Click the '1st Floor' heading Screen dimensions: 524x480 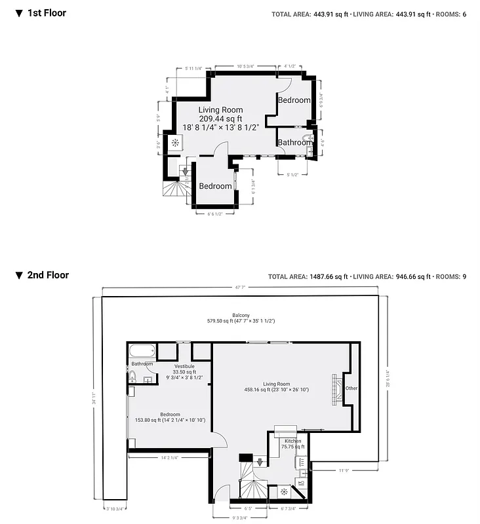tap(46, 12)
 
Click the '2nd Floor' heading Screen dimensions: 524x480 tap(47, 275)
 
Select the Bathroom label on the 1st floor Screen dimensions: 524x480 tap(294, 142)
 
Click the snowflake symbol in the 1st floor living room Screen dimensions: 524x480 tap(176, 143)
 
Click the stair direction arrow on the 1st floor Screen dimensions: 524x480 tap(185, 172)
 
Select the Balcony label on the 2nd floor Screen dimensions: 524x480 tap(241, 314)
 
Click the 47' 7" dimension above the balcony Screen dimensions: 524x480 tap(240, 287)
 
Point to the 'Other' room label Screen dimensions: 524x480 tap(352, 388)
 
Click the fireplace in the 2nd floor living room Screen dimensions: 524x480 tap(337, 390)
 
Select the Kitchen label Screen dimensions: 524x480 tap(293, 441)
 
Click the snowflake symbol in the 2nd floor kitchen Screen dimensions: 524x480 tap(284, 491)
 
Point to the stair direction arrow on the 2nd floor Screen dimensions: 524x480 tap(260, 462)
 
